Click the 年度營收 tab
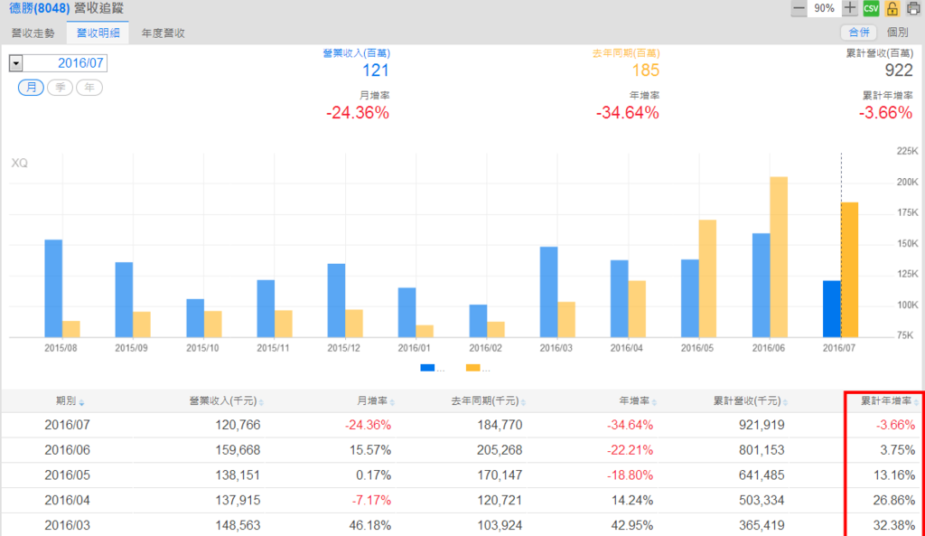pyautogui.click(x=164, y=33)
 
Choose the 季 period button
pyautogui.click(x=61, y=87)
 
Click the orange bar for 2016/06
pyautogui.click(x=779, y=257)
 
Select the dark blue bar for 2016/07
pyautogui.click(x=831, y=308)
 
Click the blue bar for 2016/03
pyautogui.click(x=548, y=291)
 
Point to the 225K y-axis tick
pyautogui.click(x=905, y=151)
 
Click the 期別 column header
pyautogui.click(x=66, y=400)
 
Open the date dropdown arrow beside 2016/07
pyautogui.click(x=16, y=63)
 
